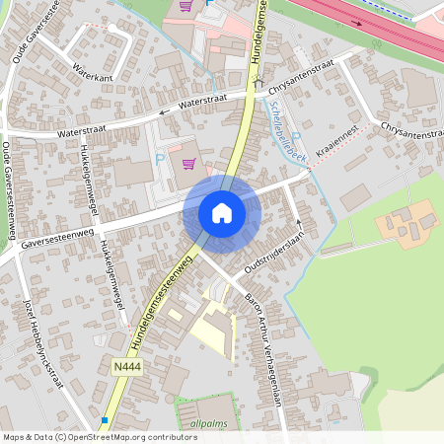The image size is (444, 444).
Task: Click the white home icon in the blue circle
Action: tap(222, 213)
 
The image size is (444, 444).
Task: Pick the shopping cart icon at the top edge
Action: tap(185, 5)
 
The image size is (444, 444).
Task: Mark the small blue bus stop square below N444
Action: tap(105, 420)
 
